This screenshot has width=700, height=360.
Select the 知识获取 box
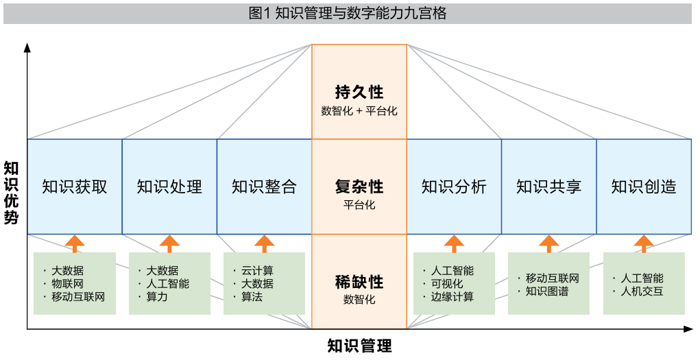(x=75, y=187)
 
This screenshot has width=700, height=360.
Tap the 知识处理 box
(x=169, y=187)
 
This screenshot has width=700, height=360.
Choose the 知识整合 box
(x=264, y=187)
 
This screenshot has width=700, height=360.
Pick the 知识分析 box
(x=454, y=187)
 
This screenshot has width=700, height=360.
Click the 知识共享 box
(x=548, y=187)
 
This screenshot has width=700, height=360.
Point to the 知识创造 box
(x=643, y=187)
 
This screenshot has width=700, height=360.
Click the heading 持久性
(x=359, y=92)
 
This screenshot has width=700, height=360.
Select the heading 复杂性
(x=359, y=187)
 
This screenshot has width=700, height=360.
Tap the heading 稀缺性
(x=359, y=282)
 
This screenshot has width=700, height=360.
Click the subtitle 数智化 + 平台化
(x=359, y=110)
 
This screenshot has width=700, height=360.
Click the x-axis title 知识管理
(x=359, y=345)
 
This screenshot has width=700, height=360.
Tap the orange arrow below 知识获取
(x=75, y=243)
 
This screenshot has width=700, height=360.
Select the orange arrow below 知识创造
(x=643, y=243)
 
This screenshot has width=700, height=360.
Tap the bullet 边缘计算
(x=452, y=297)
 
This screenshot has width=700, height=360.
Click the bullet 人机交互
(x=642, y=291)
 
